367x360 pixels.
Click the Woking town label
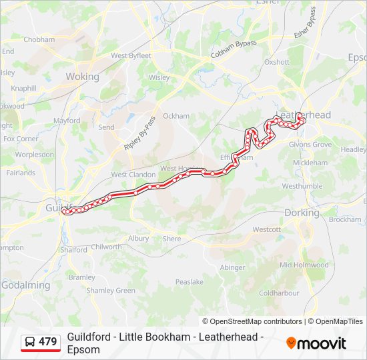tap(82, 77)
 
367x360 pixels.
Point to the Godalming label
tap(25, 285)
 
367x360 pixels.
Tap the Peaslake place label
tap(189, 282)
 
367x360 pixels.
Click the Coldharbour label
tap(279, 293)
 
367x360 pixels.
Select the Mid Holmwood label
tap(304, 265)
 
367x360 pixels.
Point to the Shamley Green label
tap(111, 290)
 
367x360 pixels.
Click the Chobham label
tap(39, 39)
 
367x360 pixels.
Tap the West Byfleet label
tap(131, 56)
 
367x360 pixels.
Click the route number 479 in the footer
tap(48, 342)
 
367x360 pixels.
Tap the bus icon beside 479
tap(30, 342)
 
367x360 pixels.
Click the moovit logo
tap(316, 343)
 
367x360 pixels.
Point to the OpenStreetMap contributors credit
tap(252, 321)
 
